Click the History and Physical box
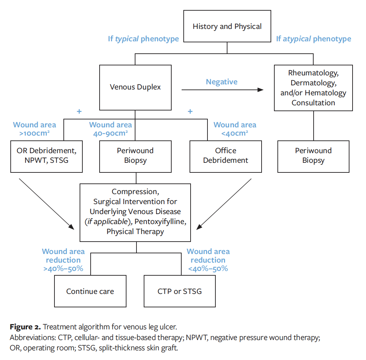click(227, 27)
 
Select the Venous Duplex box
click(135, 87)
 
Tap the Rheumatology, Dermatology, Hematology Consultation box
click(313, 88)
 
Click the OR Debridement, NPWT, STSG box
click(47, 156)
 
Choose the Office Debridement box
click(225, 156)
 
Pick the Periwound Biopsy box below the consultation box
click(313, 156)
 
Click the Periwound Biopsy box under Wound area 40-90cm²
click(135, 156)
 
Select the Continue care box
click(90, 291)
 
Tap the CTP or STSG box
click(180, 291)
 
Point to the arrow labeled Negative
click(222, 90)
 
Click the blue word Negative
click(222, 82)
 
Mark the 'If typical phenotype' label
click(143, 39)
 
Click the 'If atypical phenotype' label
click(314, 39)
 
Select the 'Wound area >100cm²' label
click(34, 129)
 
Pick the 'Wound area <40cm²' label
click(235, 129)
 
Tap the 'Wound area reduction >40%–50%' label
click(63, 260)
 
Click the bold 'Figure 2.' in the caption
click(25, 327)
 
